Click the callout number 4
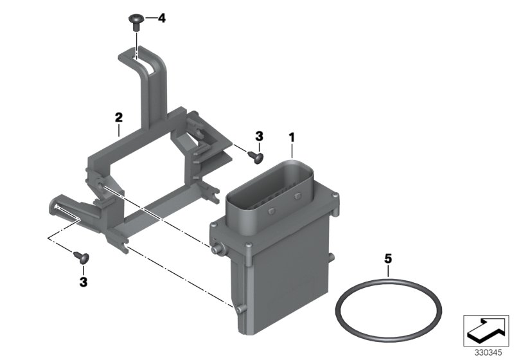click(x=161, y=19)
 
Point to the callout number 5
click(x=387, y=260)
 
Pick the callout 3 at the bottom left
click(x=83, y=281)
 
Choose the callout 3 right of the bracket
click(x=259, y=136)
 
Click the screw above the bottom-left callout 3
click(x=84, y=258)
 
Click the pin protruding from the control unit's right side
click(x=332, y=258)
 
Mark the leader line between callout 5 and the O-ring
click(x=387, y=273)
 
